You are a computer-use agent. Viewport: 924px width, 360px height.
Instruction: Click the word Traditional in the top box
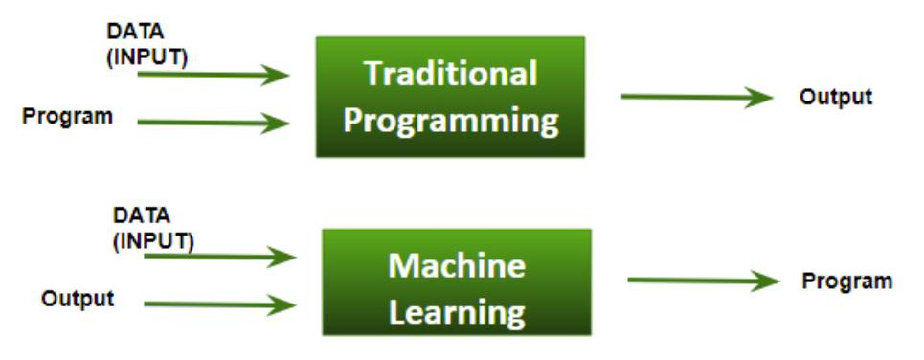coord(451,74)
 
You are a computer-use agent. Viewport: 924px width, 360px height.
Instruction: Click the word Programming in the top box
coord(451,121)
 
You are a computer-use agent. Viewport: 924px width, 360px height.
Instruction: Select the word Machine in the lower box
coord(457,264)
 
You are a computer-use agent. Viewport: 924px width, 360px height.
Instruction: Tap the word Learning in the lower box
coord(457,311)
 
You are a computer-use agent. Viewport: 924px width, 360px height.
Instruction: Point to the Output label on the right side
coord(836,97)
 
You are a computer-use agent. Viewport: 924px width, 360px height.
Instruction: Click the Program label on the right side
coord(846,281)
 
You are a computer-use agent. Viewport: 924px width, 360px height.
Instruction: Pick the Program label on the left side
coord(67,117)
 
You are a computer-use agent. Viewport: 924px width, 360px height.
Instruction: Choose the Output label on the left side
coord(78,299)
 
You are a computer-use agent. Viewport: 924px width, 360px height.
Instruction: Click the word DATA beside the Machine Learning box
coord(141,216)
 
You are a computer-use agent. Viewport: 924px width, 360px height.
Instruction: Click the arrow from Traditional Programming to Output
coord(694,97)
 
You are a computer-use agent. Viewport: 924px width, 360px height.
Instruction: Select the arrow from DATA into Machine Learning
coord(219,257)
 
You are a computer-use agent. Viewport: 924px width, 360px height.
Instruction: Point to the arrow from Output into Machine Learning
coord(219,305)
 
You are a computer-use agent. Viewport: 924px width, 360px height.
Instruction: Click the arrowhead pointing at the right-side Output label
coord(760,97)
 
